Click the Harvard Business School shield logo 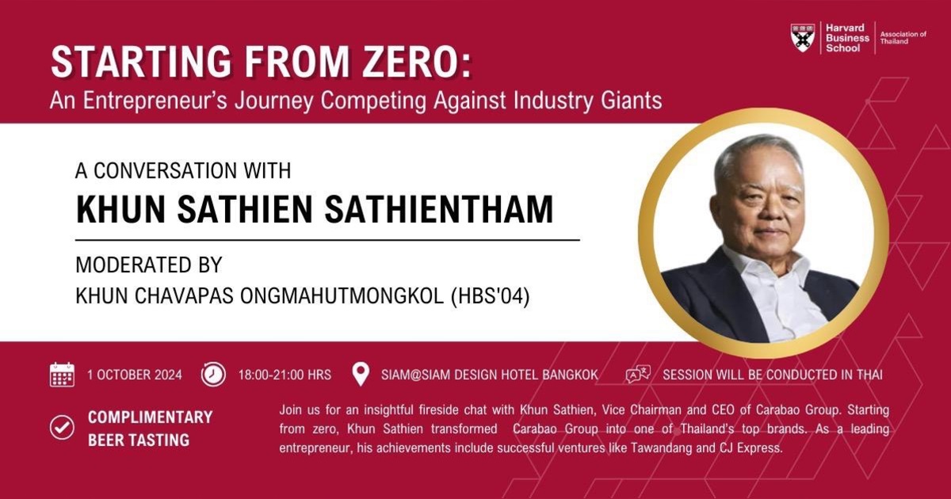[804, 37]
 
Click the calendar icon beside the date [62, 375]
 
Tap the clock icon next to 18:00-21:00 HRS [213, 375]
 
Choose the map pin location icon [361, 375]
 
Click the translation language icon [638, 375]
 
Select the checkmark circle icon [62, 428]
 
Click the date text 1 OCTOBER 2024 [135, 375]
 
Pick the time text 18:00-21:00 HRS [285, 375]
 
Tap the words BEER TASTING [139, 440]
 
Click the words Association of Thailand [903, 37]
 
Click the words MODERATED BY [149, 264]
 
